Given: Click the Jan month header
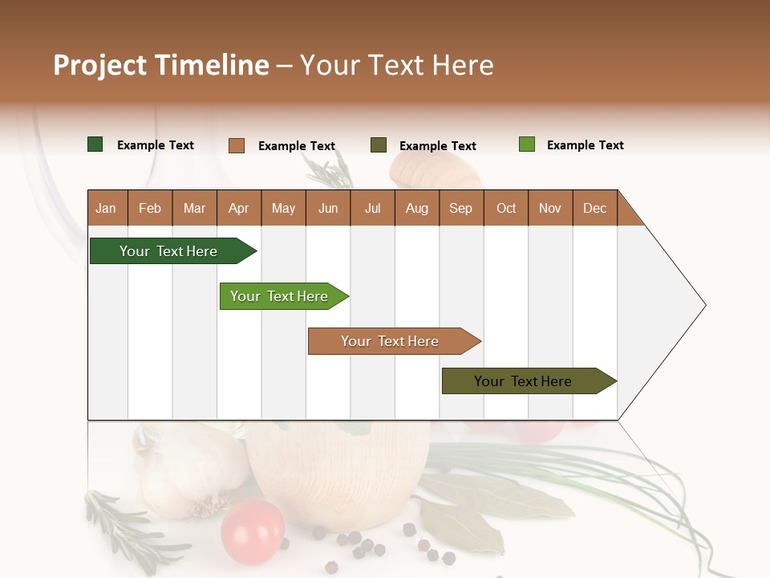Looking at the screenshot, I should click(107, 208).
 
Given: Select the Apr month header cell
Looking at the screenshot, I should click(239, 208).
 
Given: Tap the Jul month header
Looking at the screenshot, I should click(372, 208).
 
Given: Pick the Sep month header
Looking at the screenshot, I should click(461, 208).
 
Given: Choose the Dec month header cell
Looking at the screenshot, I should click(594, 208).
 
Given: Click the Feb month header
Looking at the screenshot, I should click(150, 208).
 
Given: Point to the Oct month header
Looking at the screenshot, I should click(506, 208).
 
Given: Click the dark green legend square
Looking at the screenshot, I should click(95, 144).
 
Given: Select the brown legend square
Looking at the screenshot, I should click(237, 145).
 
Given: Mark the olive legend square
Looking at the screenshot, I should click(379, 145).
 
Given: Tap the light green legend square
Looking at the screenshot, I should click(527, 144).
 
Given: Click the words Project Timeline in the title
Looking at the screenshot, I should click(161, 65).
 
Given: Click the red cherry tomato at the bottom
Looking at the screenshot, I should click(253, 531).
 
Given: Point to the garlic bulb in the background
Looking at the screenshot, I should click(192, 474).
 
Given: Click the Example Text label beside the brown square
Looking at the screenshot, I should click(297, 146).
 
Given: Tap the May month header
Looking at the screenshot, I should click(283, 208).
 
